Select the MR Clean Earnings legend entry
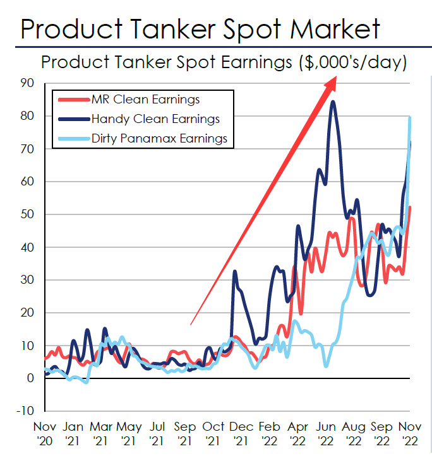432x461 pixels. tap(145, 100)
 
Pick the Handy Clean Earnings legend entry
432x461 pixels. tap(155, 119)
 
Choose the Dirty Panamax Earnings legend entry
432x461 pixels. tap(159, 138)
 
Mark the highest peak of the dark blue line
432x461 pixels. tap(333, 102)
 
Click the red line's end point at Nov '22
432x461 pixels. tap(410, 207)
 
